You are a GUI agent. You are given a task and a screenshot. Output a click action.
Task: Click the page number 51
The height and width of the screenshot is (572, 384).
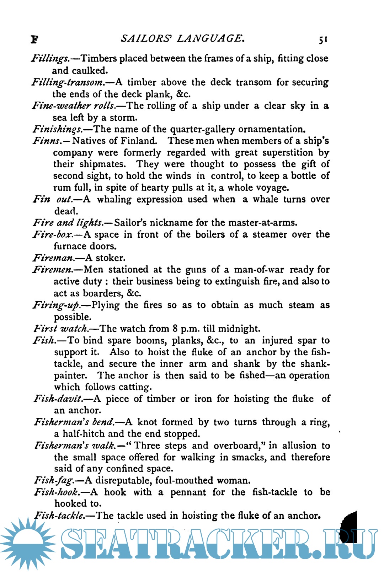(x=323, y=39)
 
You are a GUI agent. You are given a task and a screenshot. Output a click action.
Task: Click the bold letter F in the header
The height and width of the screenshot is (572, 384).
(x=34, y=39)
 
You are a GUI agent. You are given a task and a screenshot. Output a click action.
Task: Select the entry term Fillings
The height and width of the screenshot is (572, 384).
(x=50, y=59)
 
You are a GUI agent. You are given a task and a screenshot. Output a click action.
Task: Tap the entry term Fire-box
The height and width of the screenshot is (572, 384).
(x=53, y=234)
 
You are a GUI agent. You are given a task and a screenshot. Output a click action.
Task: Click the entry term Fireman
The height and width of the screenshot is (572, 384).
(x=54, y=258)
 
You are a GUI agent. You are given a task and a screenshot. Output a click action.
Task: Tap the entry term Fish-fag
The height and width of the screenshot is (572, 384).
(x=54, y=481)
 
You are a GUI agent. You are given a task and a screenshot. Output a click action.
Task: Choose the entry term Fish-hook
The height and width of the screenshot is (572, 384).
(x=56, y=492)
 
